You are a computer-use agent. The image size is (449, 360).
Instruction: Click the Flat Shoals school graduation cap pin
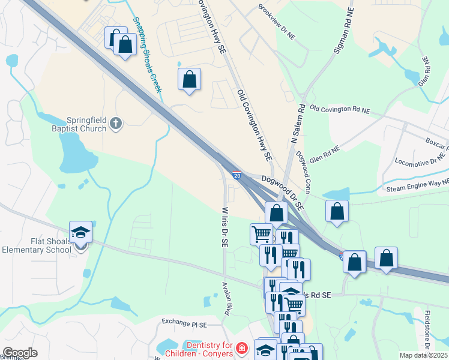81,233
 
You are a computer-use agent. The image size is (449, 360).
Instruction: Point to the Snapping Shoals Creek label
147,54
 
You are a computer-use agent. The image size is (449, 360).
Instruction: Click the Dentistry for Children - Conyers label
209,349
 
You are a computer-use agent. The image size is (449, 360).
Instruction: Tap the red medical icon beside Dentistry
241,349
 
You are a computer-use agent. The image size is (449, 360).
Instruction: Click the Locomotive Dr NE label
420,162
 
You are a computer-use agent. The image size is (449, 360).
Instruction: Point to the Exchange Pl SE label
184,323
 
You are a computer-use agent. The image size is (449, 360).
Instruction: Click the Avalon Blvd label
227,299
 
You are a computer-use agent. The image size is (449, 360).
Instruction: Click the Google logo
20,353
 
